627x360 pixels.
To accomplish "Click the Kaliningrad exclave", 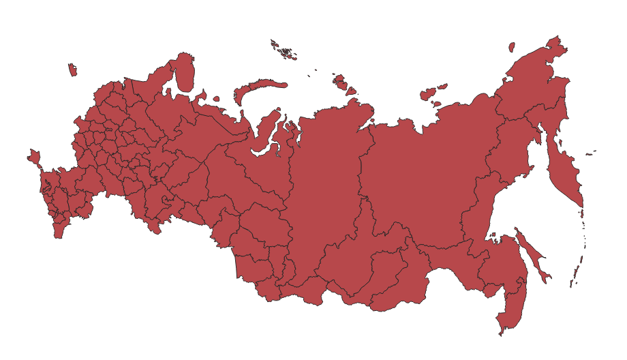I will point(72,70).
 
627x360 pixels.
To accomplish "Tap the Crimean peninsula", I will point(33,157).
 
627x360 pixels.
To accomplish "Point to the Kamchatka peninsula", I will point(566,174).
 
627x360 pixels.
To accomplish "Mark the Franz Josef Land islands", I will point(283,50).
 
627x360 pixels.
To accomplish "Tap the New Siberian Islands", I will point(431,92).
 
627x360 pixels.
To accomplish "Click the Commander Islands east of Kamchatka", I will point(592,151).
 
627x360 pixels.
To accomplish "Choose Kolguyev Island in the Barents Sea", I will point(216,99).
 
